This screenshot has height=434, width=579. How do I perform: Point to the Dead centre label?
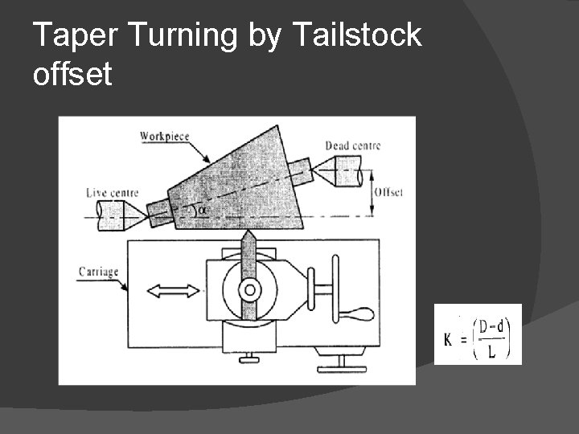(x=352, y=145)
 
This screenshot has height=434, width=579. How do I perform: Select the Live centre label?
(x=112, y=193)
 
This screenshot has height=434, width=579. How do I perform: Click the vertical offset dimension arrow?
(x=372, y=193)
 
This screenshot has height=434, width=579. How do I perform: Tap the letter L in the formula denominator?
(x=491, y=351)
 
